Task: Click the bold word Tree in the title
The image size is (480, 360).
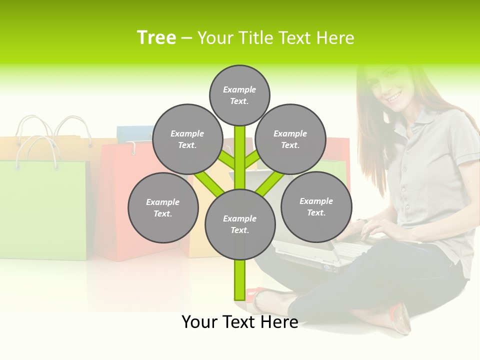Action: click(156, 38)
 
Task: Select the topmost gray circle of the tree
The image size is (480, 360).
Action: click(239, 95)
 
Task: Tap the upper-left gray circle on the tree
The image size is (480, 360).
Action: click(187, 139)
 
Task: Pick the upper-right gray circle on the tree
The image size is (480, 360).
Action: click(290, 139)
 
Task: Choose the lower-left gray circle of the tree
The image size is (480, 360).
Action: click(163, 207)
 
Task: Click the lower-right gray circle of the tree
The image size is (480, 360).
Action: click(316, 206)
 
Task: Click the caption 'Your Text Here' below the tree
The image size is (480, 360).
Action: click(239, 322)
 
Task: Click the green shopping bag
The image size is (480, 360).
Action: click(42, 210)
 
